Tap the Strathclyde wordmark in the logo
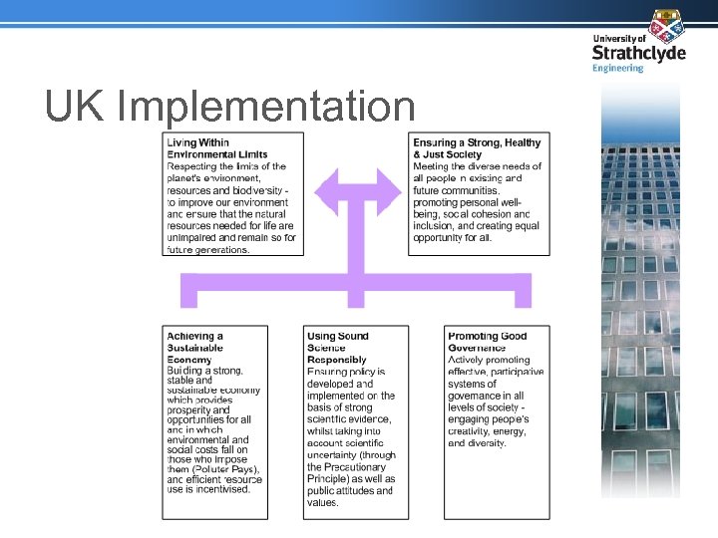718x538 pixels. click(638, 52)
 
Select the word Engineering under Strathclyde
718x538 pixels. click(617, 68)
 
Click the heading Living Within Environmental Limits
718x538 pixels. click(216, 148)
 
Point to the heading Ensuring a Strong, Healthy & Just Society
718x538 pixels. click(477, 148)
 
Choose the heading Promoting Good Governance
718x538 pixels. click(488, 342)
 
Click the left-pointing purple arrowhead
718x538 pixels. click(326, 192)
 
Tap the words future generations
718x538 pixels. click(208, 249)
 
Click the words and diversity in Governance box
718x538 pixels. click(478, 443)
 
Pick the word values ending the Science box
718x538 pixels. click(323, 502)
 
